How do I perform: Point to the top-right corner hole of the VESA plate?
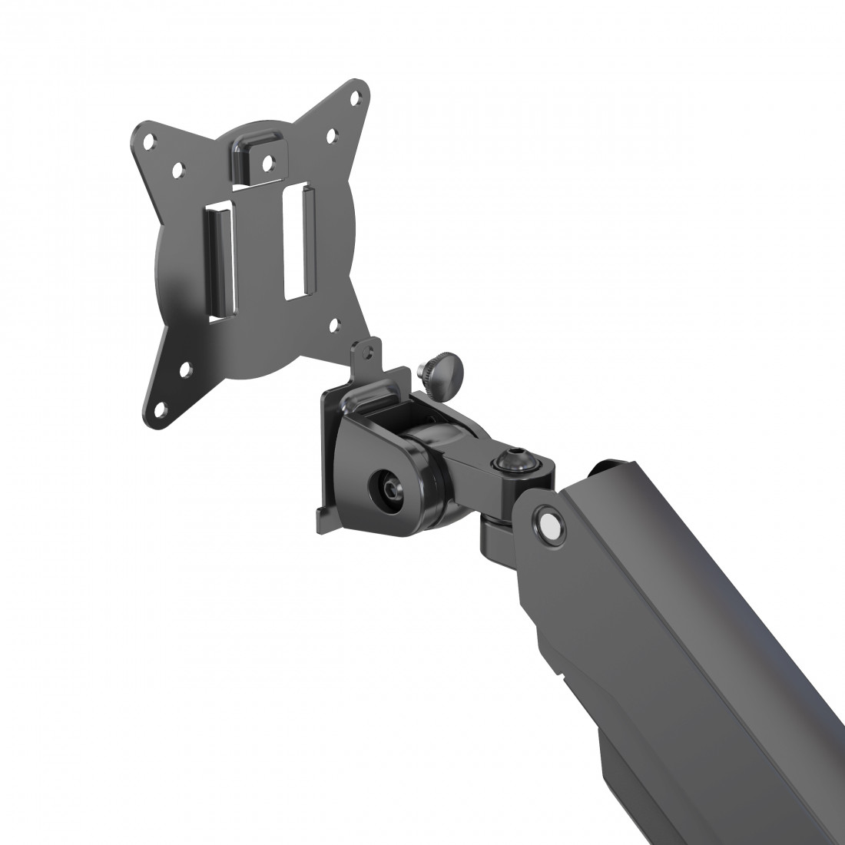coord(355,98)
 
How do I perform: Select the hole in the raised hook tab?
coord(267,162)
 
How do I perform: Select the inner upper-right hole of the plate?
coord(331,134)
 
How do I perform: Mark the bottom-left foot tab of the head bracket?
coord(323,522)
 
